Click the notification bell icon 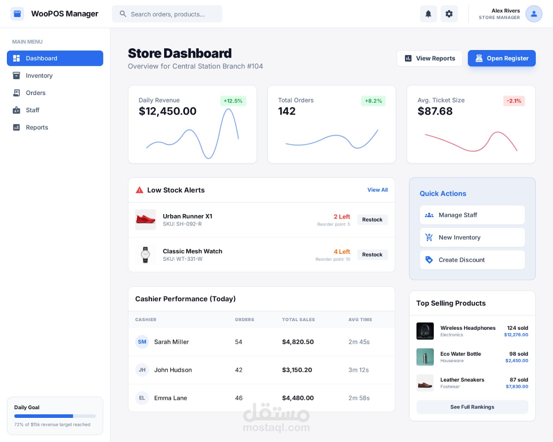428,14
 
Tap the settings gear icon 449,14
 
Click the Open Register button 501,58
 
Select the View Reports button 429,58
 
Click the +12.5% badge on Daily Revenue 233,101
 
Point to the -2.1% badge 514,101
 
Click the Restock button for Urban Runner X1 372,220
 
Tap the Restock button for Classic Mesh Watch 372,255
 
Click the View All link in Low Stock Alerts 377,190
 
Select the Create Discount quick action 472,260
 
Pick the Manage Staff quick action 472,215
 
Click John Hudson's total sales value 297,370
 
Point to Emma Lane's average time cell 359,398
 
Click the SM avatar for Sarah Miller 142,342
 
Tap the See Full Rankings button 472,407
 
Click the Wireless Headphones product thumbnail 425,331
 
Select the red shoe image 146,220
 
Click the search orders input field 167,14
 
